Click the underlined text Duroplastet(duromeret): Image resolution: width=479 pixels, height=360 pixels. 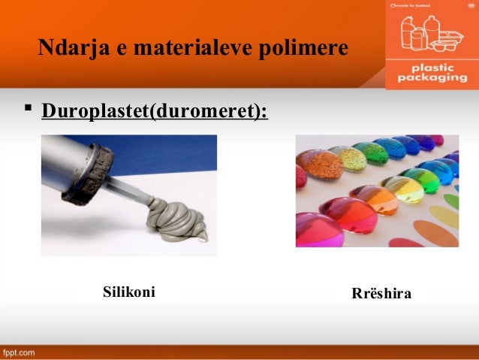coord(155,111)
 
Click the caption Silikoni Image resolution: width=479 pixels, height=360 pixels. coord(128,292)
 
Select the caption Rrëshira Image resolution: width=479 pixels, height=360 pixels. coord(381,293)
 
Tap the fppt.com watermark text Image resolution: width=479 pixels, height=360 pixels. coord(19,352)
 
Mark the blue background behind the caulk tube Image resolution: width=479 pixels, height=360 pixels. coord(180,162)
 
